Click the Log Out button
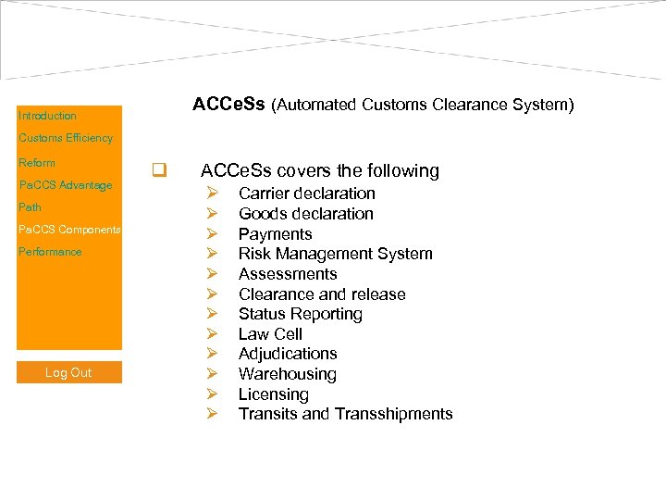pyautogui.click(x=68, y=372)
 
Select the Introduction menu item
pyautogui.click(x=47, y=116)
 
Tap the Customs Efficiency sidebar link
pyautogui.click(x=66, y=138)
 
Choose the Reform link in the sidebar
pyautogui.click(x=37, y=163)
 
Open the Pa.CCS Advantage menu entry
pyautogui.click(x=66, y=185)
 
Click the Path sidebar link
pyautogui.click(x=31, y=207)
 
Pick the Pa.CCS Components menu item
pyautogui.click(x=69, y=230)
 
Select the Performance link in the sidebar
pyautogui.click(x=50, y=252)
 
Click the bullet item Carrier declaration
pyautogui.click(x=306, y=194)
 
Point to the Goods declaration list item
pyautogui.click(x=305, y=214)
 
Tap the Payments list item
pyautogui.click(x=275, y=234)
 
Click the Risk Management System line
pyautogui.click(x=335, y=254)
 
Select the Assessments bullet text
pyautogui.click(x=288, y=274)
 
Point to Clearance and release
pyautogui.click(x=322, y=294)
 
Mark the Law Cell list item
pyautogui.click(x=270, y=334)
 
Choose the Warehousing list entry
pyautogui.click(x=287, y=374)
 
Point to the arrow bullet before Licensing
pyautogui.click(x=212, y=394)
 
